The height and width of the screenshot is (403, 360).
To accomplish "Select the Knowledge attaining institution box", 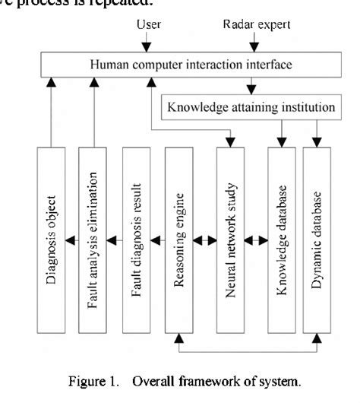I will pyautogui.click(x=250, y=106).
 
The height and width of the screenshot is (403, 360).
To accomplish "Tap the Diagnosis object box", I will pyautogui.click(x=49, y=240).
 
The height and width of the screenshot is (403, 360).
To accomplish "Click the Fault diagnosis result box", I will pyautogui.click(x=135, y=240).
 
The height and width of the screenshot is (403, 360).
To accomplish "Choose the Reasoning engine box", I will pyautogui.click(x=179, y=240).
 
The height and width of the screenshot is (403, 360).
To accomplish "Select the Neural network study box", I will pyautogui.click(x=230, y=240).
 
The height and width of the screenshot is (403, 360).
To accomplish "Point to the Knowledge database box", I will pyautogui.click(x=282, y=240).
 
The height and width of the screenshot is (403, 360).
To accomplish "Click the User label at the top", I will pyautogui.click(x=148, y=25).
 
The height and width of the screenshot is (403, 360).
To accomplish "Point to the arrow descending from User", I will pyautogui.click(x=148, y=42).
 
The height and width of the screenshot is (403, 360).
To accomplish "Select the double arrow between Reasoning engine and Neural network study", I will pyautogui.click(x=204, y=242).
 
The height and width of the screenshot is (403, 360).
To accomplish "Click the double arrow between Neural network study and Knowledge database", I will pyautogui.click(x=256, y=242).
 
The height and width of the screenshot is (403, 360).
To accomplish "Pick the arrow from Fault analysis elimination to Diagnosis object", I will pyautogui.click(x=71, y=242).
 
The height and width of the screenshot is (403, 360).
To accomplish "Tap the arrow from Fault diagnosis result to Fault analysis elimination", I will pyautogui.click(x=113, y=242).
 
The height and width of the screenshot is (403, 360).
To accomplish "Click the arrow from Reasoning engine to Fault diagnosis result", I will pyautogui.click(x=156, y=242).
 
